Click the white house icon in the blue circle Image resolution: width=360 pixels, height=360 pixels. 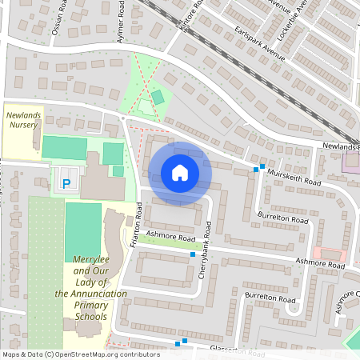click(x=180, y=172)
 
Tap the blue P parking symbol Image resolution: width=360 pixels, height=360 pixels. click(x=66, y=184)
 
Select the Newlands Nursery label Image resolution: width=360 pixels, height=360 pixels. click(x=22, y=120)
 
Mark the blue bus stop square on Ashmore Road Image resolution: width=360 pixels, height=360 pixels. click(x=193, y=254)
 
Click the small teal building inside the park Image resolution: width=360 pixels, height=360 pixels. click(x=158, y=97)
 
